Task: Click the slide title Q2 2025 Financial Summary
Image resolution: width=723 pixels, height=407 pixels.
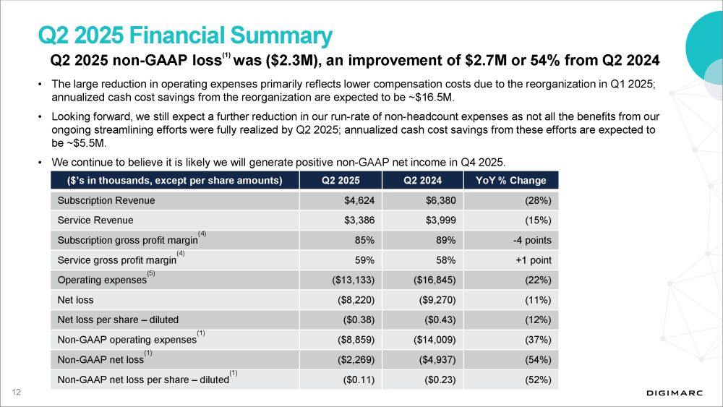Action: [185, 35]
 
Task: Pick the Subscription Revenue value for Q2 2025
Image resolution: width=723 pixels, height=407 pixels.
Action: [359, 200]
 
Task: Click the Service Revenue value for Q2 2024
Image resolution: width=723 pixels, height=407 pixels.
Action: [440, 220]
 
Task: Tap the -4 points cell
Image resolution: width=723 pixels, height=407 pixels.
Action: [531, 240]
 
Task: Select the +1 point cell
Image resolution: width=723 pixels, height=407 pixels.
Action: [534, 260]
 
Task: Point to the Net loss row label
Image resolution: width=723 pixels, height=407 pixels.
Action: [75, 299]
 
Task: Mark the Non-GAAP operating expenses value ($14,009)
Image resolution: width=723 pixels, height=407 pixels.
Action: [432, 339]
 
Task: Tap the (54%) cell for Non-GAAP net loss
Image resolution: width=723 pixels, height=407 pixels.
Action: [539, 359]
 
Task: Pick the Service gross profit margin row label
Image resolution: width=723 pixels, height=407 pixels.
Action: [116, 260]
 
